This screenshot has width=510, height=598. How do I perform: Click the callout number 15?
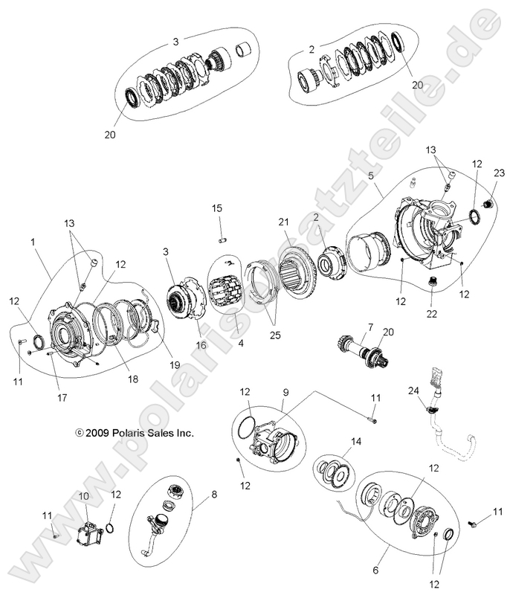point(217,208)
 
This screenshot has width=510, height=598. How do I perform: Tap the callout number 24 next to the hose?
point(413,390)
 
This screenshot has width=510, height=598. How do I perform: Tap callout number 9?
point(285,391)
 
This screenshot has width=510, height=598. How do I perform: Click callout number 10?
point(83,495)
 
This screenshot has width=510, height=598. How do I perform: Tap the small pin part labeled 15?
point(220,239)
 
